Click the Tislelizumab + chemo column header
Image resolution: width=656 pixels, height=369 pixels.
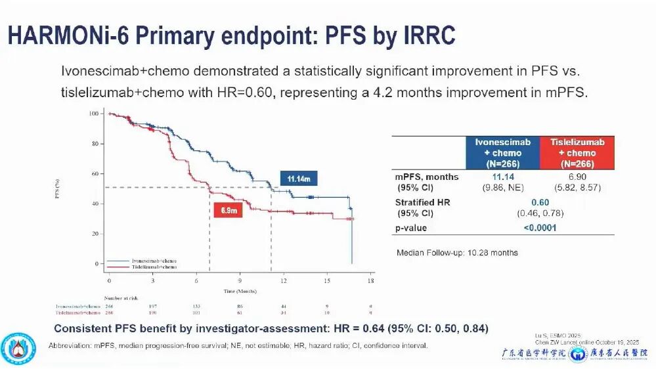tap(573, 153)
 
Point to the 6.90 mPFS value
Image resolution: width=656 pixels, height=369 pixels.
tap(573, 177)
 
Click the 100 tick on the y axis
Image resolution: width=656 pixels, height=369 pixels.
tap(93, 114)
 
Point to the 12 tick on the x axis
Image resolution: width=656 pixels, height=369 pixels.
tap(284, 280)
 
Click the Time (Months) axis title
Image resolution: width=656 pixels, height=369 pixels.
tap(240, 290)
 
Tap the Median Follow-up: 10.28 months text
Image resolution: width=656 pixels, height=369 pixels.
tap(457, 253)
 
